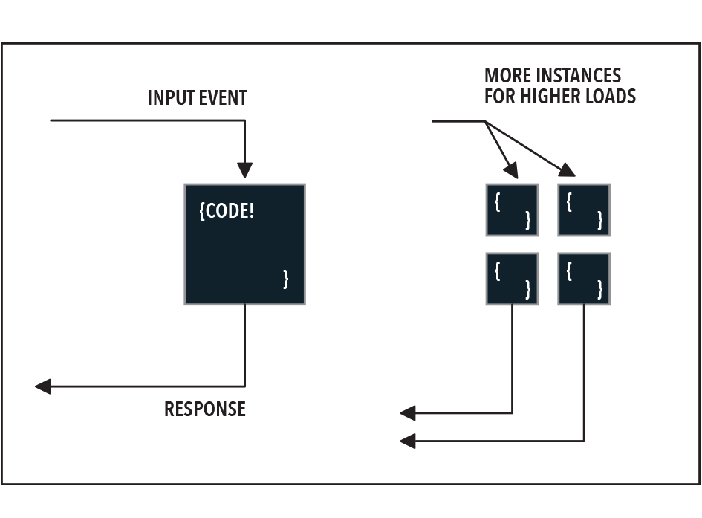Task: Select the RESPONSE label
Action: [x=205, y=409]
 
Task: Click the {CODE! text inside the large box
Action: [x=227, y=211]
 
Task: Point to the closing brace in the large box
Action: [x=286, y=279]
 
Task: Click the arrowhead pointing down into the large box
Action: [x=244, y=170]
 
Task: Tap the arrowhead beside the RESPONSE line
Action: [x=43, y=386]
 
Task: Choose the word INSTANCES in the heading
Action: [x=580, y=75]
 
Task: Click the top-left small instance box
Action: [x=512, y=210]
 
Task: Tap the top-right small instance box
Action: [x=584, y=210]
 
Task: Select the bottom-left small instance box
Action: [x=512, y=279]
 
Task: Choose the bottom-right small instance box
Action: [x=584, y=279]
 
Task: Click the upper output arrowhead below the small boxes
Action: [x=408, y=412]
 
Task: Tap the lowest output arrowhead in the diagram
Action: [x=408, y=441]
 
